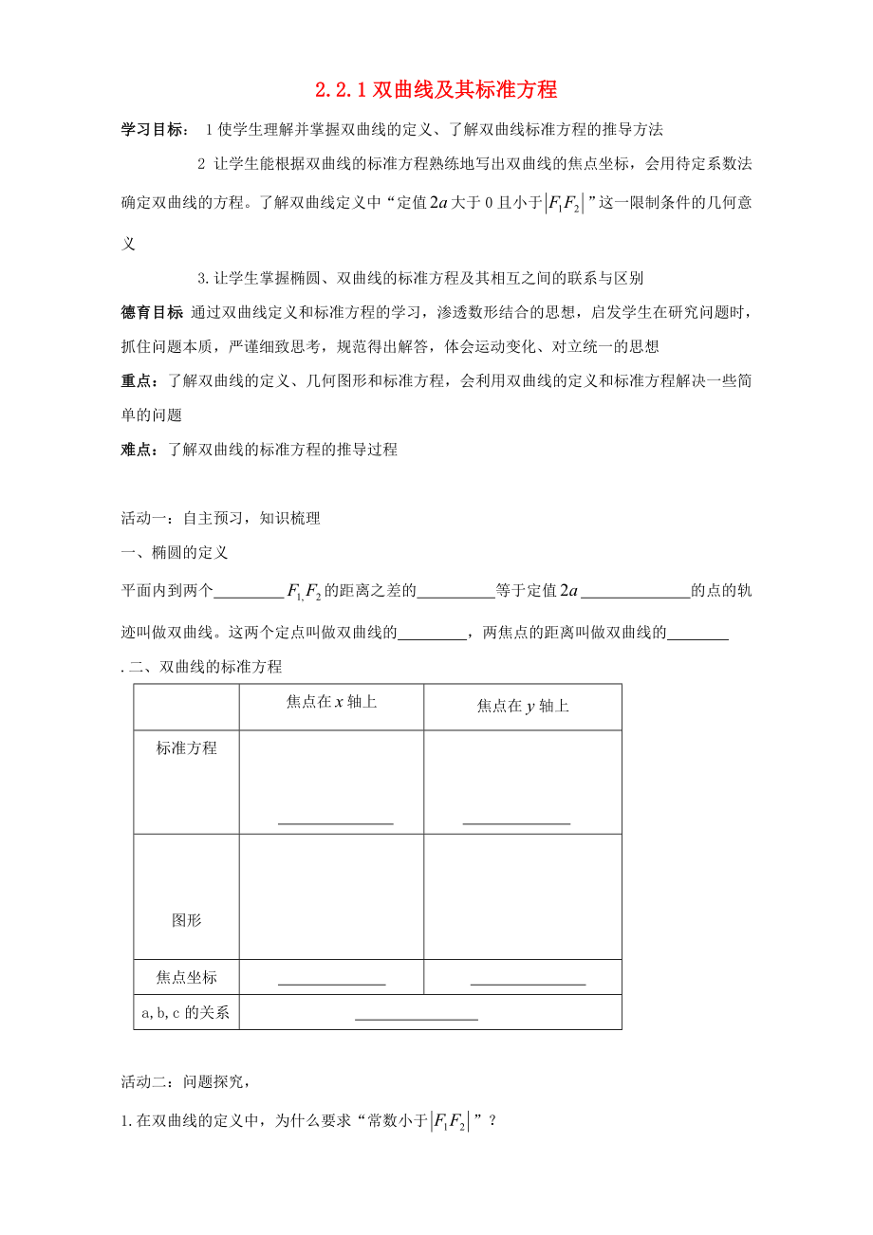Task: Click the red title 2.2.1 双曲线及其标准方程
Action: coord(436,91)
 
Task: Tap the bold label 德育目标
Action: coord(153,311)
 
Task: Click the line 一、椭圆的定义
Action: coord(175,552)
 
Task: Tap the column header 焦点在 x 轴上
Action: coord(331,702)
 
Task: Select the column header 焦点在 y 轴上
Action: coord(523,706)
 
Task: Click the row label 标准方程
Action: coord(187,748)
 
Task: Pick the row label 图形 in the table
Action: coord(187,920)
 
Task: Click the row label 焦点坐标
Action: coord(187,977)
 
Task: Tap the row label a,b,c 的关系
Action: coord(186,1012)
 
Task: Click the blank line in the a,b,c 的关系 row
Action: coord(416,1018)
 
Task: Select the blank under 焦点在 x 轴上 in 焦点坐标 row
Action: coord(331,983)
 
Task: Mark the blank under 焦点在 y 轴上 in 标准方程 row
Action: coord(516,821)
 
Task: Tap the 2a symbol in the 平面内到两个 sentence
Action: coord(568,591)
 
